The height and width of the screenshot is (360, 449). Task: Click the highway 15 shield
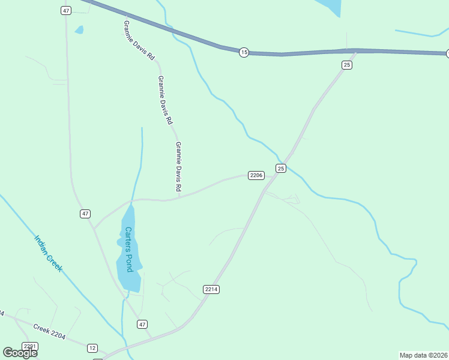[243, 53]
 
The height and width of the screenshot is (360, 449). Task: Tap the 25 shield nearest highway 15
[346, 65]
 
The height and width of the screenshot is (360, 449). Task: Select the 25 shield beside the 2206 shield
[281, 169]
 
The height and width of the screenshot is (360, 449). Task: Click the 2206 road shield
[256, 175]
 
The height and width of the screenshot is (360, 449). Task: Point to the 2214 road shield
[211, 289]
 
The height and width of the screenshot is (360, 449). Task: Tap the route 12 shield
[92, 348]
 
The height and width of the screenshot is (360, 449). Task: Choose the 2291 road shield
[30, 346]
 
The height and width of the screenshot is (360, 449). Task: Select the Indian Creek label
[48, 253]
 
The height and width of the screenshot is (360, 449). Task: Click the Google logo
[20, 353]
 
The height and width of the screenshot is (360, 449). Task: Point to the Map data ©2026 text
[423, 355]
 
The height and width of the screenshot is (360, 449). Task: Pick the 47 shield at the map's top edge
[66, 11]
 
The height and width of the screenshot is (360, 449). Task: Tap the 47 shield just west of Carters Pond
[85, 214]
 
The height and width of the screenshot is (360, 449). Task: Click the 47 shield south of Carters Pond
[142, 324]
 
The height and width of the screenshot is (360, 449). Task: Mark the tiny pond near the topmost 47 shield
[79, 29]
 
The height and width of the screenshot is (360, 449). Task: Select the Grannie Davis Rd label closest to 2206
[178, 167]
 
